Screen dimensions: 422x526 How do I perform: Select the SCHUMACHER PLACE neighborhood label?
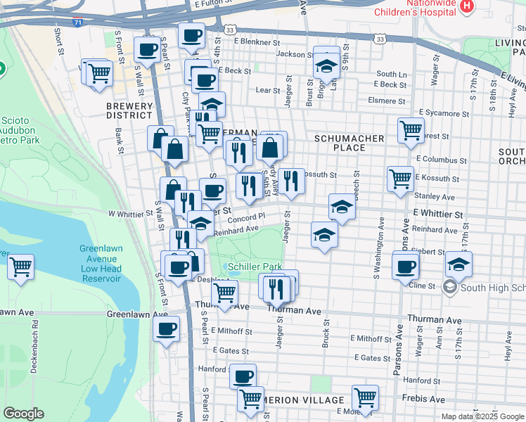click(349, 143)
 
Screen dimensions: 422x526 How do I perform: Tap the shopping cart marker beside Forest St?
click(411, 129)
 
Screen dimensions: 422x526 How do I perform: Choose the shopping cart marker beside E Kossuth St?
click(400, 178)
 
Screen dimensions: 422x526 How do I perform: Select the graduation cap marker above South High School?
click(458, 265)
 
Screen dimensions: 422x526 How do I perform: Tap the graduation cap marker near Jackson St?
click(326, 65)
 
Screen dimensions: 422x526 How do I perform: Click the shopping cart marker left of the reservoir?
click(21, 267)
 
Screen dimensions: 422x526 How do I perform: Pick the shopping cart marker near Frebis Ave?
click(365, 397)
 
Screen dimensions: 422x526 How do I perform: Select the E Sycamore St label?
click(444, 112)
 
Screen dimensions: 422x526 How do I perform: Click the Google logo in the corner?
click(23, 414)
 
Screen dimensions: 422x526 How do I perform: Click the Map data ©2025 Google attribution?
click(482, 416)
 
